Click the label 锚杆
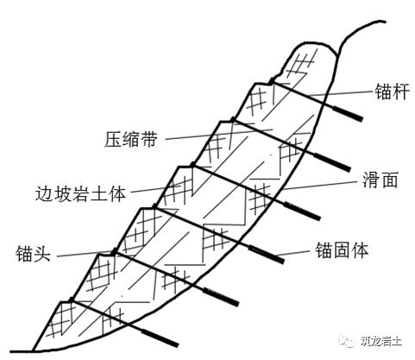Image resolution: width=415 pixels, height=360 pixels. tap(392, 92)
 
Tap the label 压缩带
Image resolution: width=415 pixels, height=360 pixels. tap(131, 139)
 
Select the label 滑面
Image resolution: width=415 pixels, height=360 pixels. tap(380, 180)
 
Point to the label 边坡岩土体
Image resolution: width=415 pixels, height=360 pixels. tap(81, 193)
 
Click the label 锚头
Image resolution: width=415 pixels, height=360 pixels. tap(34, 254)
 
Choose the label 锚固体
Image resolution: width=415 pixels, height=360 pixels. tap(342, 250)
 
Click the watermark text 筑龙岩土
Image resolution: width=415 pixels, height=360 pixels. tap(380, 342)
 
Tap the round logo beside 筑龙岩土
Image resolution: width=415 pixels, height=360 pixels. tap(347, 341)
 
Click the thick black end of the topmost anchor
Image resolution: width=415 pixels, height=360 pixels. tap(347, 113)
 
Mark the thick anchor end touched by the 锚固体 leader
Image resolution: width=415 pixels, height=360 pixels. tap(267, 254)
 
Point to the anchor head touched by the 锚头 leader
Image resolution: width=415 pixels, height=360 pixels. tap(115, 251)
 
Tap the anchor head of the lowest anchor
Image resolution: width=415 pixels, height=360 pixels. tap(71, 300)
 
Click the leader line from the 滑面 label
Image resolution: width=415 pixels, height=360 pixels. tap(322, 186)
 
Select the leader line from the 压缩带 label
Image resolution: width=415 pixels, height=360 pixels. tap(219, 134)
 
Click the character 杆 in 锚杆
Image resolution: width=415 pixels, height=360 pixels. tap(400, 92)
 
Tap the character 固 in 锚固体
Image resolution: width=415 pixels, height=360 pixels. tap(342, 250)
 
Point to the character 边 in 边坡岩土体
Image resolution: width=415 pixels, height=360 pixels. tap(44, 193)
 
